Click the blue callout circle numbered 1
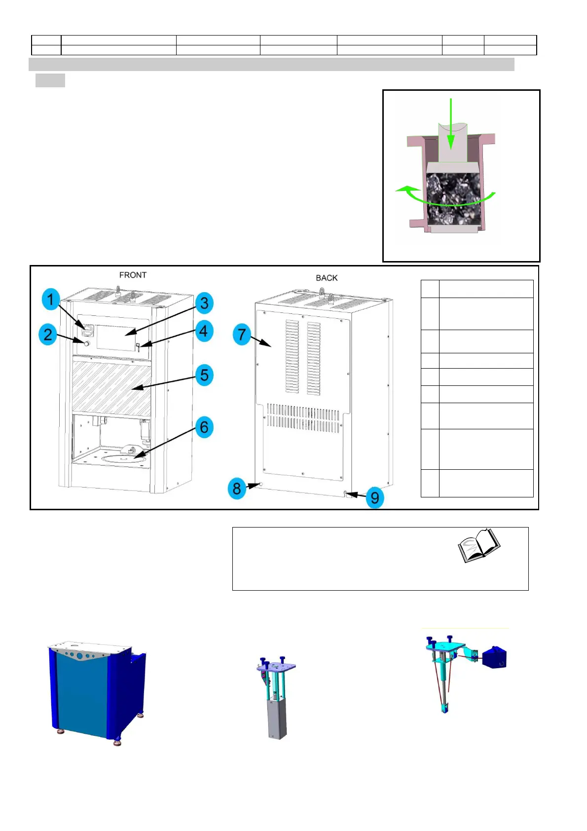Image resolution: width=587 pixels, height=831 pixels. pos(50,300)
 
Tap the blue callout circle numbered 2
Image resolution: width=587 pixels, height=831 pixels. pos(48,335)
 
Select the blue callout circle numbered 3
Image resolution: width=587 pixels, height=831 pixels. pos(204,303)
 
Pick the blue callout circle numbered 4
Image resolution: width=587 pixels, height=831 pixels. pos(204,331)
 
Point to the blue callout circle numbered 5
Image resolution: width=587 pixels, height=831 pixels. pos(204,376)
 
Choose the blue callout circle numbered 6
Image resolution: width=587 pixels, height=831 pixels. pos(204,427)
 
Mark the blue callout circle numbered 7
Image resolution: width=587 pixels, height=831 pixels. pos(242,335)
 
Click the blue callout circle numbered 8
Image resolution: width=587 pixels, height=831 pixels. pos(237,489)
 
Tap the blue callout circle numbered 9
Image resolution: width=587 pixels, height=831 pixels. pos(375,497)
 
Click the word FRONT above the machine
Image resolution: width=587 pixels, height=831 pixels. pos(133,275)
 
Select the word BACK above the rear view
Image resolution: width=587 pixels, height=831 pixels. pos(327,278)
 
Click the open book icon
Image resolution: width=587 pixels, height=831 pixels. pos(478,545)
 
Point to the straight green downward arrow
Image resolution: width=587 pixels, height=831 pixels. pos(451,123)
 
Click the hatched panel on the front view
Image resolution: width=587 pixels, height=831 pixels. pos(111,387)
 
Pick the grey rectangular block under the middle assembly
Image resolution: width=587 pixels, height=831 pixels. pos(277,720)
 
